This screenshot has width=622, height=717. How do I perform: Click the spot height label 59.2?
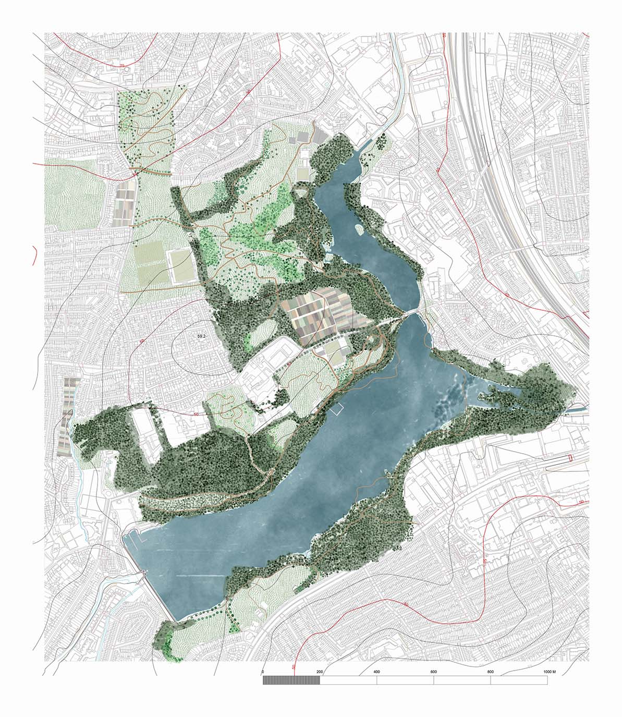(202, 337)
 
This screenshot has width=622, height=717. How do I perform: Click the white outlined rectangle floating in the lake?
(337, 409)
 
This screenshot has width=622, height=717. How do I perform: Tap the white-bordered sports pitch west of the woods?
(181, 266)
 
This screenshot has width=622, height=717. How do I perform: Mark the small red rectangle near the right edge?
(570, 458)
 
